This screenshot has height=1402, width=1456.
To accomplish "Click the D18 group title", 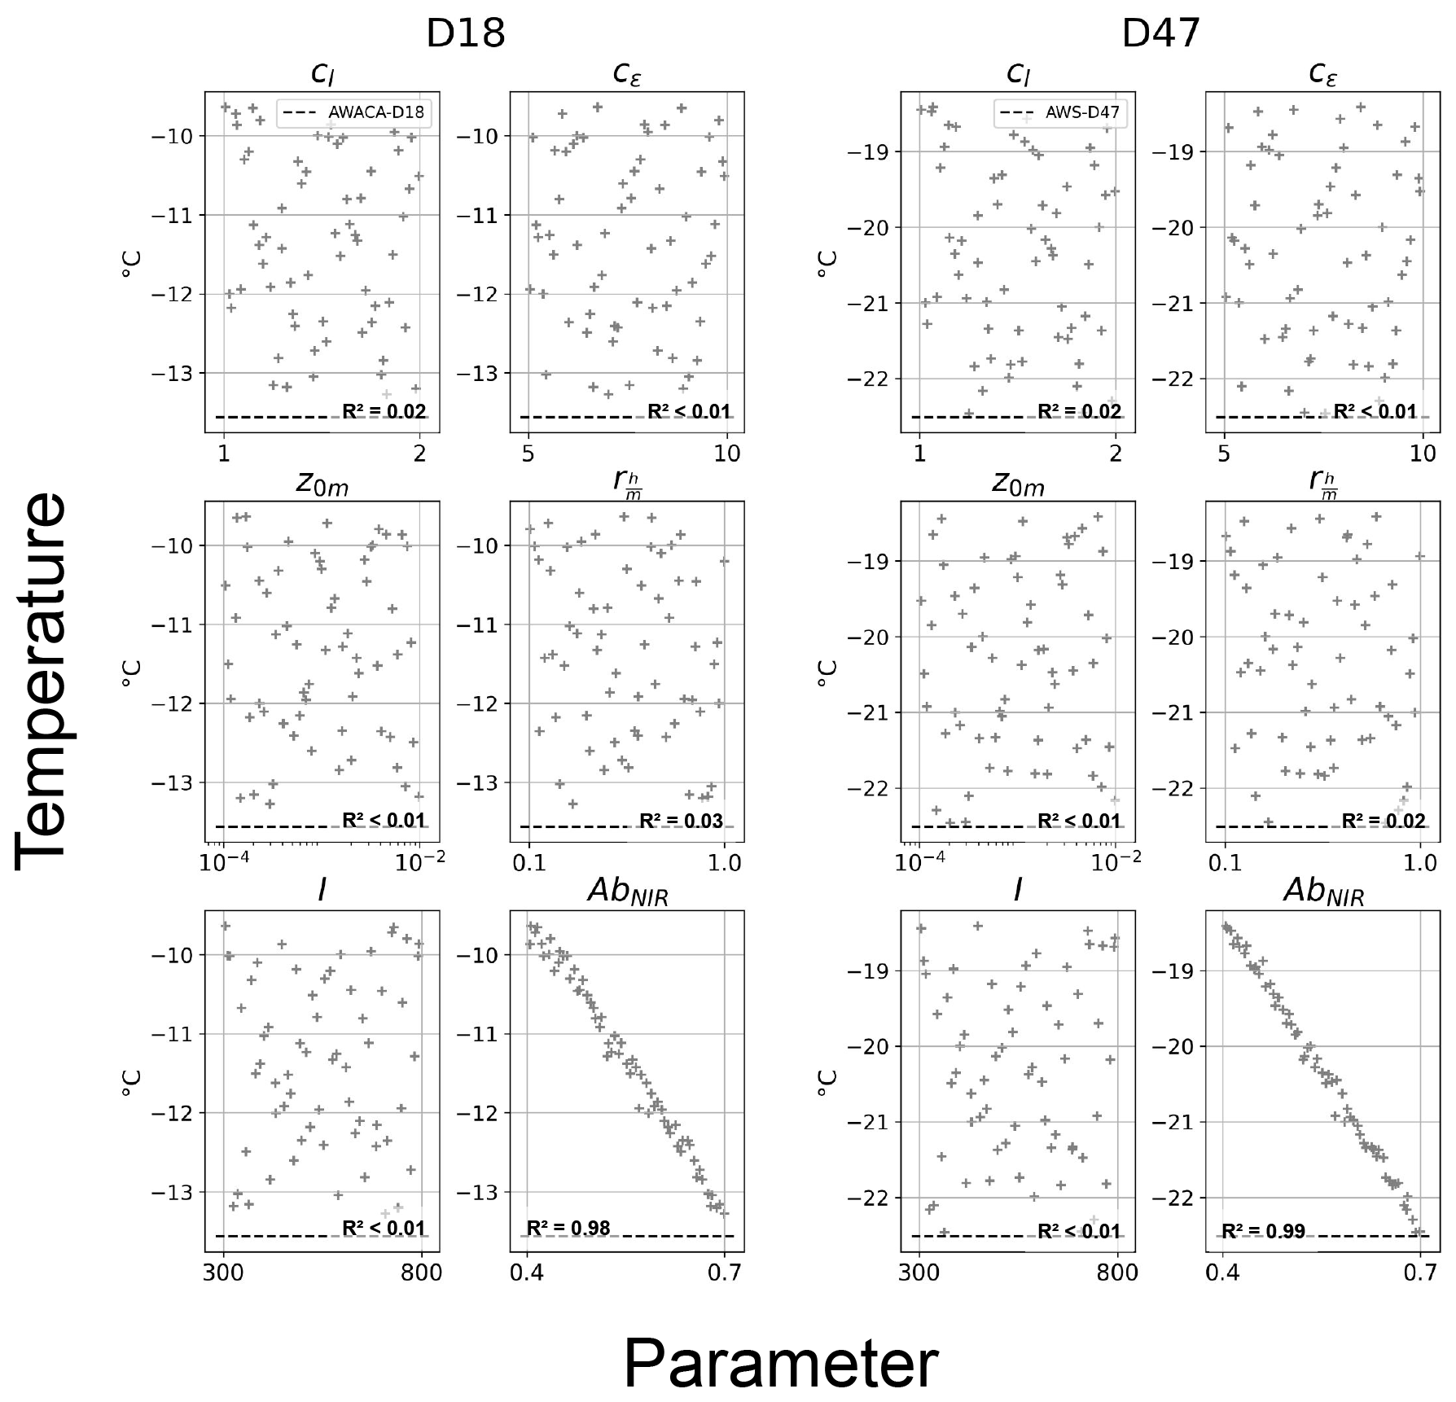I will [x=466, y=33].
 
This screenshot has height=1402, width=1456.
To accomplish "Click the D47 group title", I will [x=1160, y=33].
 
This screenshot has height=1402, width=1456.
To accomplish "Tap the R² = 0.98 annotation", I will [x=568, y=1229].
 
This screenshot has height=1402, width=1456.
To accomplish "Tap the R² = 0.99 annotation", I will [x=1264, y=1231].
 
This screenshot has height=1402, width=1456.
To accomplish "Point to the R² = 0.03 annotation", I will [x=681, y=821].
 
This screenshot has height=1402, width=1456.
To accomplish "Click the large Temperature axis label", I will [x=41, y=680].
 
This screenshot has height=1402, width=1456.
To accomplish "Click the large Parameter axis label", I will [x=780, y=1364].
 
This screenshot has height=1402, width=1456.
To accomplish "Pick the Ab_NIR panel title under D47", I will [x=1323, y=892].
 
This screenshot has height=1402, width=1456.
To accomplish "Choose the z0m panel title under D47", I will [x=1018, y=485].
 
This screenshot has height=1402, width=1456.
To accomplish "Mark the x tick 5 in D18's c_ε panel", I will [x=528, y=453].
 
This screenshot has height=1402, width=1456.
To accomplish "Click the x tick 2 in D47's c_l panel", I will [x=1116, y=453].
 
